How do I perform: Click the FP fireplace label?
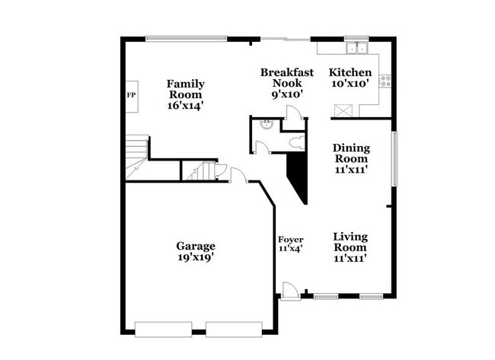130,96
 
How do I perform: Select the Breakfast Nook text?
282,78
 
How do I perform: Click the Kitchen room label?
350,72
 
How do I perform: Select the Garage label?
196,246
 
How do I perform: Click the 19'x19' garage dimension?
196,257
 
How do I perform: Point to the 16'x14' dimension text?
186,106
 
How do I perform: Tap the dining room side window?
394,158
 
